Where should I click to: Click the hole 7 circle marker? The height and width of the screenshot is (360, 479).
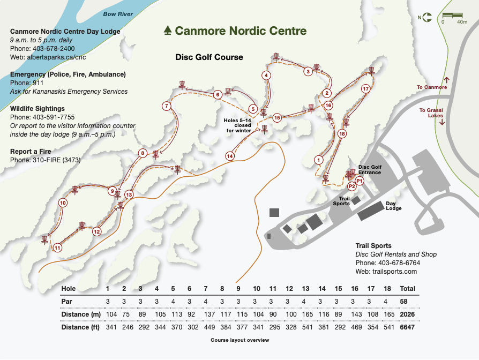point(167,106)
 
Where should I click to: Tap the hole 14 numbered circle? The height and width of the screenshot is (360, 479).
point(230,156)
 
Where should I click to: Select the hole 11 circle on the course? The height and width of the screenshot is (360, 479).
point(57,247)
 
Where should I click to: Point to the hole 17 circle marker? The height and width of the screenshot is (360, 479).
point(366,88)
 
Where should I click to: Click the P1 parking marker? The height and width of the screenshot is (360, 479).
point(360,181)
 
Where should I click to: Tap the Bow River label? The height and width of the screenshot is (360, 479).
point(118,14)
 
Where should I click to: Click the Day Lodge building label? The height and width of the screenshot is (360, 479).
point(394,206)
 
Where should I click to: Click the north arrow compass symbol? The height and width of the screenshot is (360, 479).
point(426,18)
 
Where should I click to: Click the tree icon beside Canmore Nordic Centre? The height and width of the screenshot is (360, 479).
point(168,30)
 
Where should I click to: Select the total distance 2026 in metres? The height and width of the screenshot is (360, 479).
point(408,314)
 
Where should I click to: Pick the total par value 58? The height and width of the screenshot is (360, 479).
point(405,301)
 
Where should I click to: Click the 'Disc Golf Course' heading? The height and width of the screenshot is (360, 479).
point(209,57)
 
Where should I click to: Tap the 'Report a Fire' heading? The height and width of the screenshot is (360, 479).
point(31,152)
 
